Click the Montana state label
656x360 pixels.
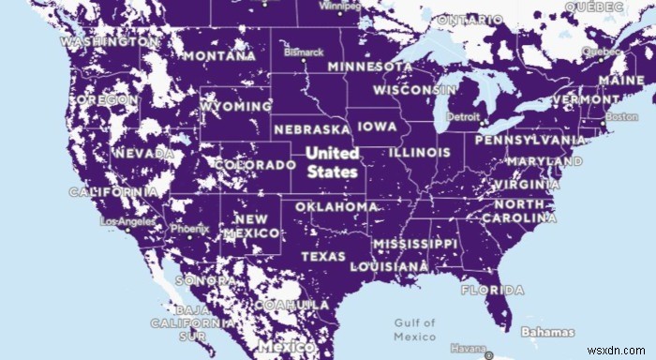[221, 55]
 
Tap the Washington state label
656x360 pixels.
[111, 42]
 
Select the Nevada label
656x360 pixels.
[142, 153]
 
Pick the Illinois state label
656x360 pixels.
[419, 151]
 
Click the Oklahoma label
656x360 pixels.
[336, 206]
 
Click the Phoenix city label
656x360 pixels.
[187, 228]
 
